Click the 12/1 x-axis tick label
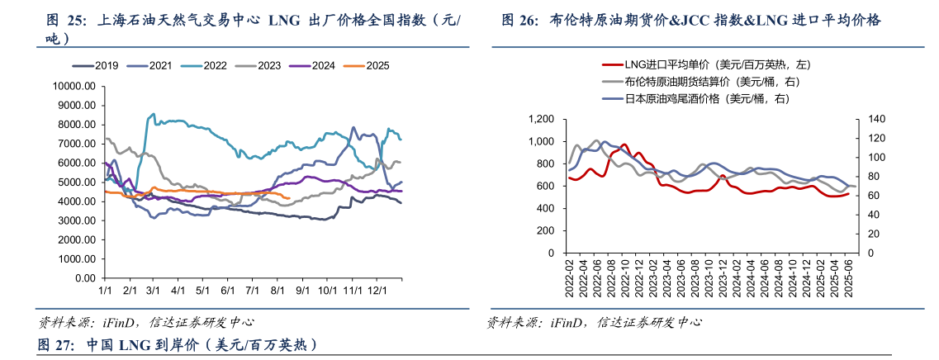coord(377,291)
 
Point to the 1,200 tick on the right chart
coord(545,120)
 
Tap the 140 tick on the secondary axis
coord(874,120)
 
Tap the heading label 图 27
coord(55,344)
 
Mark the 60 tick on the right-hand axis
coord(871,196)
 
